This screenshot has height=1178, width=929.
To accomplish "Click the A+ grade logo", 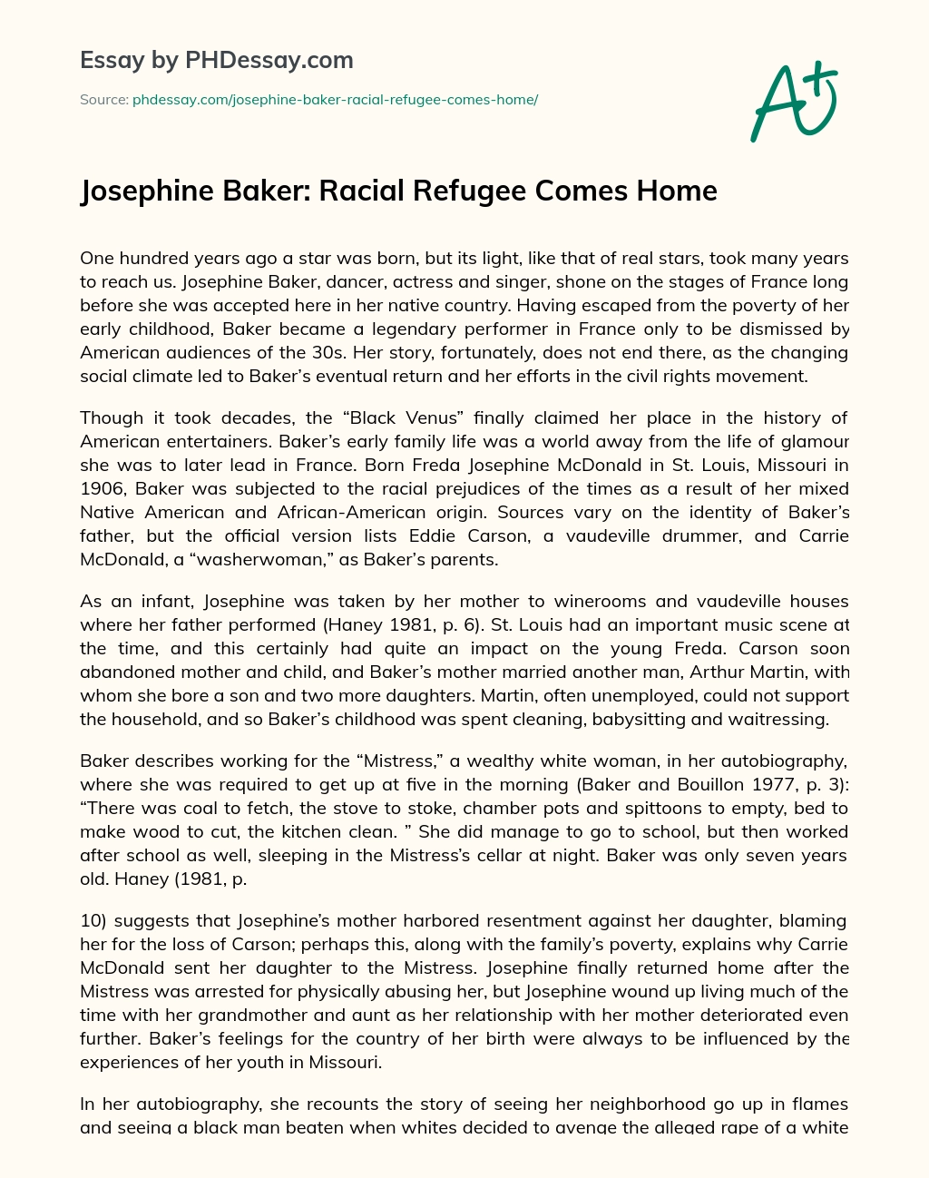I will coord(794,102).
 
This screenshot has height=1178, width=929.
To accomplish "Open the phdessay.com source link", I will coord(335,100).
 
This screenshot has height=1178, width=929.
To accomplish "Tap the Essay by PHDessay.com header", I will coord(217,61).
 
